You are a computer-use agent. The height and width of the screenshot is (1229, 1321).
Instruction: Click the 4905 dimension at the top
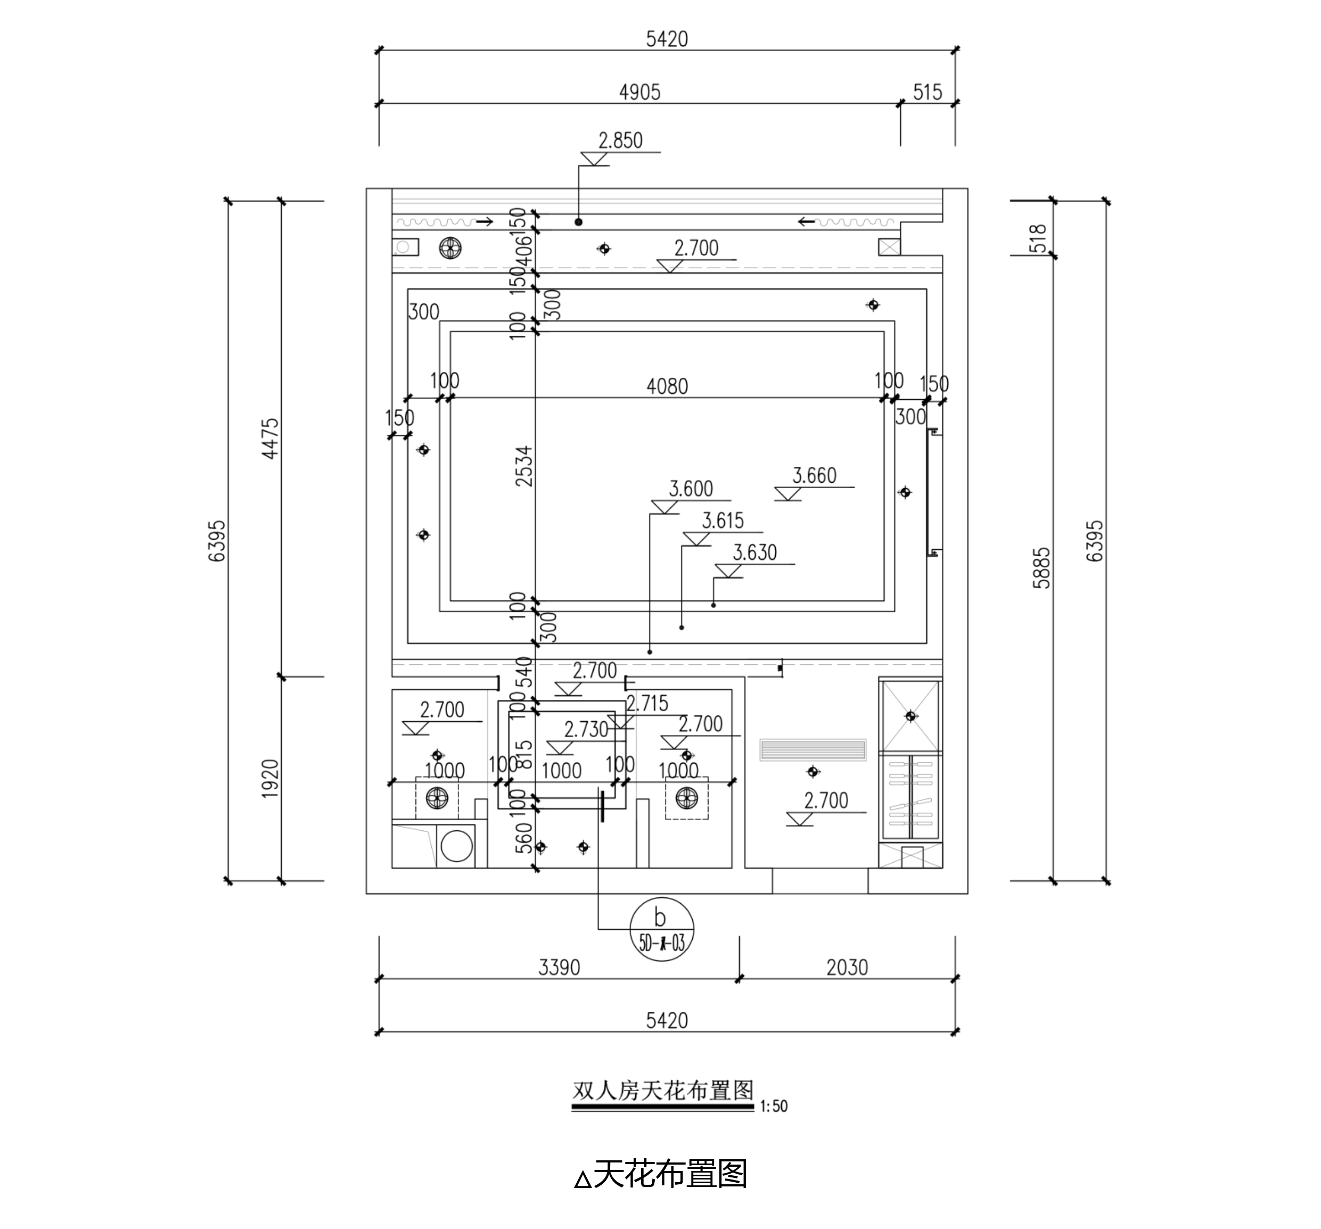[x=639, y=92]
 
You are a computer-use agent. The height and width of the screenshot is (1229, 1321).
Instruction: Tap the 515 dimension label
[x=927, y=92]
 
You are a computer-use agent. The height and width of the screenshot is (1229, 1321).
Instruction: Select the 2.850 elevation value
[x=620, y=141]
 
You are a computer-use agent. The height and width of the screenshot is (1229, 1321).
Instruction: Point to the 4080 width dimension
[x=667, y=386]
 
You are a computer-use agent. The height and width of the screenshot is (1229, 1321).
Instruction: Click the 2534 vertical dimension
[x=524, y=466]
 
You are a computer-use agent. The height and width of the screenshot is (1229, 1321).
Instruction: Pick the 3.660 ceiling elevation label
[x=814, y=476]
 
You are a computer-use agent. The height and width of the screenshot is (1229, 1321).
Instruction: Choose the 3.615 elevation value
[x=723, y=521]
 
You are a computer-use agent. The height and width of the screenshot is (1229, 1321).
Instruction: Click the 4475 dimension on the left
[x=270, y=439]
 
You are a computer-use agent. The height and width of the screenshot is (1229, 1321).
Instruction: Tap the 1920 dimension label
[x=270, y=779]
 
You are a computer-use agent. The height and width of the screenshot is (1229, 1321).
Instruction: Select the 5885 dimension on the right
[x=1042, y=568]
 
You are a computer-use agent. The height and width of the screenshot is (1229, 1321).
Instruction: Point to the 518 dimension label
[x=1037, y=238]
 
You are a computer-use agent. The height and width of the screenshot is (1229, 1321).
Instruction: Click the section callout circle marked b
[x=661, y=929]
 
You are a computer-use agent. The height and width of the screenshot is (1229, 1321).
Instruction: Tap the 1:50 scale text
[x=774, y=1106]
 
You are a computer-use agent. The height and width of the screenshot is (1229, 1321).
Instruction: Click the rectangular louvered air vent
[x=813, y=750]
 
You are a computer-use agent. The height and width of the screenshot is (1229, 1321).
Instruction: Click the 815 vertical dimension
[x=524, y=755]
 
